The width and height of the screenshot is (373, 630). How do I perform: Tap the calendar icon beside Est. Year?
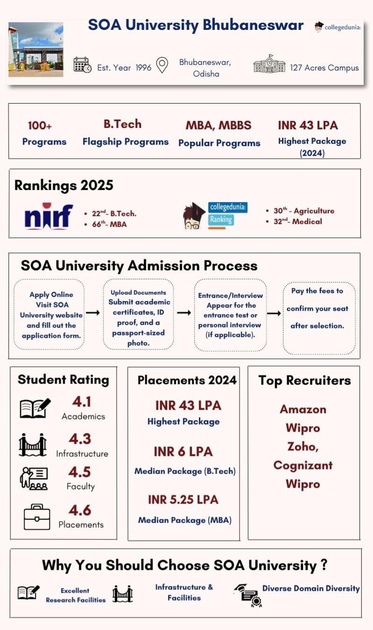pyautogui.click(x=82, y=65)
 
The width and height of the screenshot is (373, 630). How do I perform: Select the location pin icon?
pyautogui.click(x=162, y=65)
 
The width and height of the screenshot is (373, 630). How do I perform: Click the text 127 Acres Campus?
pyautogui.click(x=324, y=68)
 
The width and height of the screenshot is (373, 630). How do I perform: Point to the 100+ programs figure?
pyautogui.click(x=40, y=126)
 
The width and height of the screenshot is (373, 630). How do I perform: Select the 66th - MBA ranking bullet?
pyautogui.click(x=110, y=224)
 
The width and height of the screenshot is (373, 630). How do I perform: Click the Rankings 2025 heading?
pyautogui.click(x=64, y=185)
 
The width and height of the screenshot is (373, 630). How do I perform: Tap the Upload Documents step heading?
pyautogui.click(x=138, y=292)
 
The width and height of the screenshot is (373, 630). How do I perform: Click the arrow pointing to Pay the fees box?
pyautogui.click(x=274, y=313)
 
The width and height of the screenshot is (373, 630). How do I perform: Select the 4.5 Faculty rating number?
pyautogui.click(x=79, y=472)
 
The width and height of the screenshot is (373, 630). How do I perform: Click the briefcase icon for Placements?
pyautogui.click(x=36, y=517)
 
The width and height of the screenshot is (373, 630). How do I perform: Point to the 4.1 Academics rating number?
pyautogui.click(x=81, y=402)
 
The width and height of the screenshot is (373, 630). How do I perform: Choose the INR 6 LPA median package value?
pyautogui.click(x=183, y=452)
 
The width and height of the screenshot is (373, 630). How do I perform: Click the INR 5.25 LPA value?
pyautogui.click(x=183, y=499)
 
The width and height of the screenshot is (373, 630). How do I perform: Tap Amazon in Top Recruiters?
pyautogui.click(x=303, y=409)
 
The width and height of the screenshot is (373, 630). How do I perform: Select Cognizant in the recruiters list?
pyautogui.click(x=303, y=465)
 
